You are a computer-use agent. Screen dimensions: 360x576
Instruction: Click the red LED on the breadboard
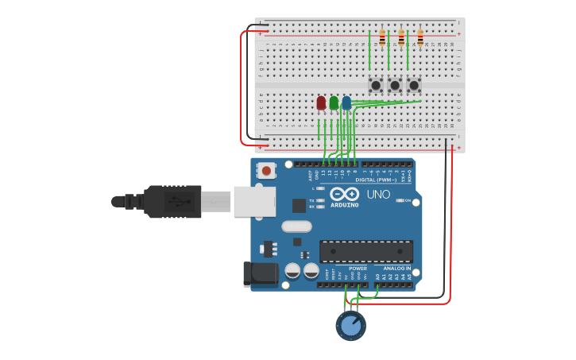tap(321, 103)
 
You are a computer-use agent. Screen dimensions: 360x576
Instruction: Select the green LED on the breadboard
tap(334, 103)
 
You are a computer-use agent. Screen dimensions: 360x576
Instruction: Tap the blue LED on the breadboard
tap(346, 103)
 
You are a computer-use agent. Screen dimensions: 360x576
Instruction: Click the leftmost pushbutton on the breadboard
tap(376, 84)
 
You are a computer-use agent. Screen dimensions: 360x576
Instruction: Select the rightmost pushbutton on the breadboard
tap(414, 84)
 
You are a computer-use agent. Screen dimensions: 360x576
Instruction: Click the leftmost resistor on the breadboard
tap(382, 37)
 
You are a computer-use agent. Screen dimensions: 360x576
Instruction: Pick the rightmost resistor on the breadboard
tap(420, 37)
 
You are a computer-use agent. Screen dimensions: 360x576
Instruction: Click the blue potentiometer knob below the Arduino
tap(350, 326)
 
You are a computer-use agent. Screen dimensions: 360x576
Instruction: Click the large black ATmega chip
tap(366, 252)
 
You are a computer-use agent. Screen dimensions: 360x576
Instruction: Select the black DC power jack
tap(260, 274)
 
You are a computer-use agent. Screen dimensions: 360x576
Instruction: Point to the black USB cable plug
tap(172, 202)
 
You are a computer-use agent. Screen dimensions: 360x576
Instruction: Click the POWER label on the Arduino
tap(358, 269)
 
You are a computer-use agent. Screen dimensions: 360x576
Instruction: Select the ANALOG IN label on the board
tap(396, 269)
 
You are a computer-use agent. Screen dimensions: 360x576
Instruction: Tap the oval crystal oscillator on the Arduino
tap(296, 226)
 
